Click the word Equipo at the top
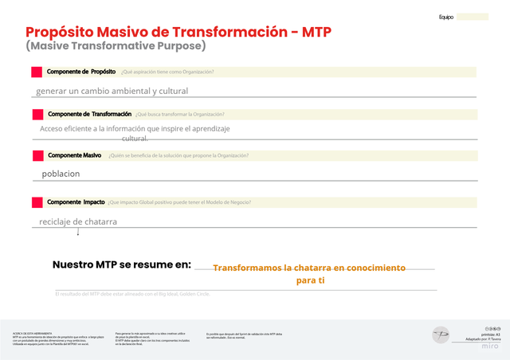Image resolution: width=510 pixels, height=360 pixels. pos(446,17)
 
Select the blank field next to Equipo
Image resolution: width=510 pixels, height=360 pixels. pos(473,17)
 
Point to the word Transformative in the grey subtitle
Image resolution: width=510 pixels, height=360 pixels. pos(116,46)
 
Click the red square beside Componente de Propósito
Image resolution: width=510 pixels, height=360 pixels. pos(37,72)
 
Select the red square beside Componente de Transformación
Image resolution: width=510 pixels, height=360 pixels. pos(37,115)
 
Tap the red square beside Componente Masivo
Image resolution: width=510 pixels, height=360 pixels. pos(37,155)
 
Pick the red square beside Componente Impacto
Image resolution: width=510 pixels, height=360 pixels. pos(37,202)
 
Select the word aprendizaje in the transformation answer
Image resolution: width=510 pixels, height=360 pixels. pos(205,128)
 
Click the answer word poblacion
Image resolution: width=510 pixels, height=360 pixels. pos(61,174)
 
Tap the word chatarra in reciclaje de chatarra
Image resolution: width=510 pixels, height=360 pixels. pos(99,221)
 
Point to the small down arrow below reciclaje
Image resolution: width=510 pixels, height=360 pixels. pos(78,232)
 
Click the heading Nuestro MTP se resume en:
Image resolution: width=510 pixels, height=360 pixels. pos(122,264)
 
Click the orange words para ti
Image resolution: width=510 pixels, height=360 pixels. pos(311,281)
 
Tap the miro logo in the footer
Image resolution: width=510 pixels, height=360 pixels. pos(491,347)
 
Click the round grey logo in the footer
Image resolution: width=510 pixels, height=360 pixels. pos(441,335)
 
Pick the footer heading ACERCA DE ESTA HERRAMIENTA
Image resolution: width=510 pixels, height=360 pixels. pos(33,331)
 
